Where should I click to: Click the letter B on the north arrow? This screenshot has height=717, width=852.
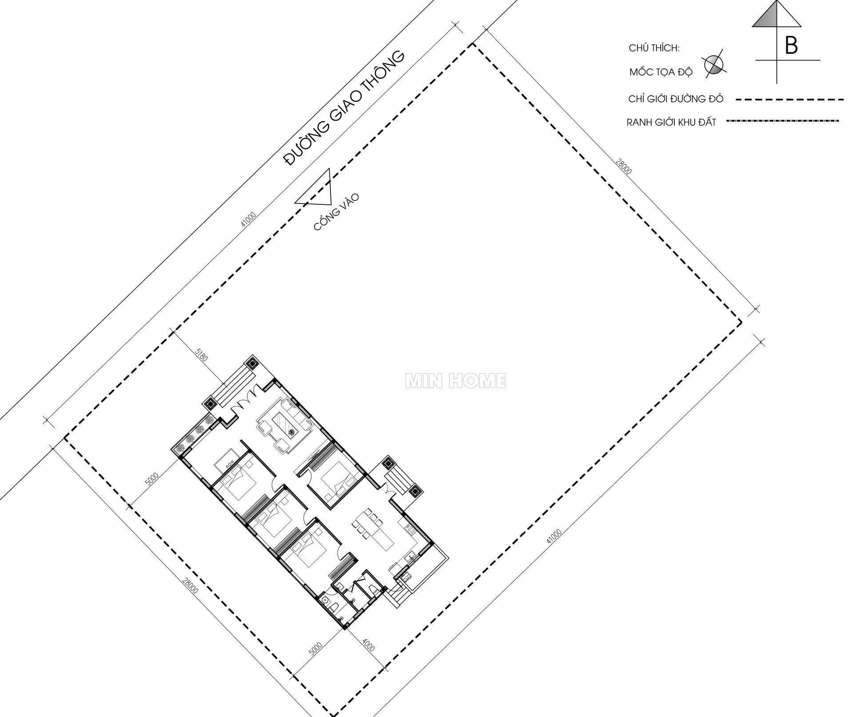791,45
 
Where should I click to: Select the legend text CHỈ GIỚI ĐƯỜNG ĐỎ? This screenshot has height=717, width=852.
676,99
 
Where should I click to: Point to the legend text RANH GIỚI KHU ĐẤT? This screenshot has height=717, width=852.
671,122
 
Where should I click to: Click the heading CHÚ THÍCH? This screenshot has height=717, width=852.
654,48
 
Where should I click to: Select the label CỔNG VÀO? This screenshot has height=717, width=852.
336,212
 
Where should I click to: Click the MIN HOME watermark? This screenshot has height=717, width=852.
455,381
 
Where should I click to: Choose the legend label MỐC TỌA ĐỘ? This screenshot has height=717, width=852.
661,72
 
